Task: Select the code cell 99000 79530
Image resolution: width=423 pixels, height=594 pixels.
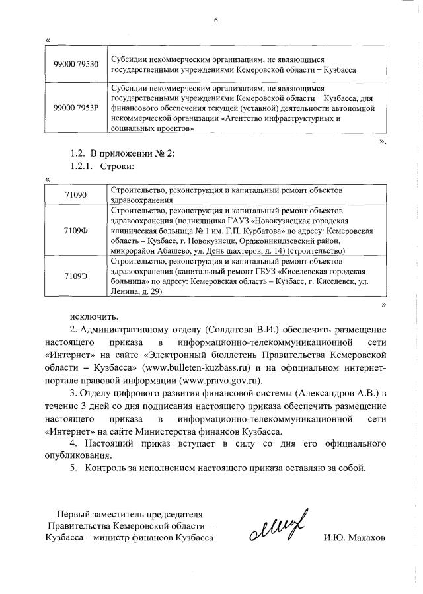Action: tap(76, 63)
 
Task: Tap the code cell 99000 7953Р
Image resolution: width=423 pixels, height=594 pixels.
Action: tap(76, 108)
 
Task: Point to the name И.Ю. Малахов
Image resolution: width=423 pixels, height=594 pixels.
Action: tap(354, 538)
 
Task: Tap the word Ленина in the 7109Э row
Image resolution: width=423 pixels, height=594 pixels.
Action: tap(128, 294)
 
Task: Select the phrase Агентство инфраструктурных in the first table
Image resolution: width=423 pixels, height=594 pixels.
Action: tap(288, 119)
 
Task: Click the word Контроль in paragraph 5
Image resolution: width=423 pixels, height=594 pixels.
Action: tap(110, 469)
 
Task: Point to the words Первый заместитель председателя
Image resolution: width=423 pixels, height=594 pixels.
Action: tap(130, 513)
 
